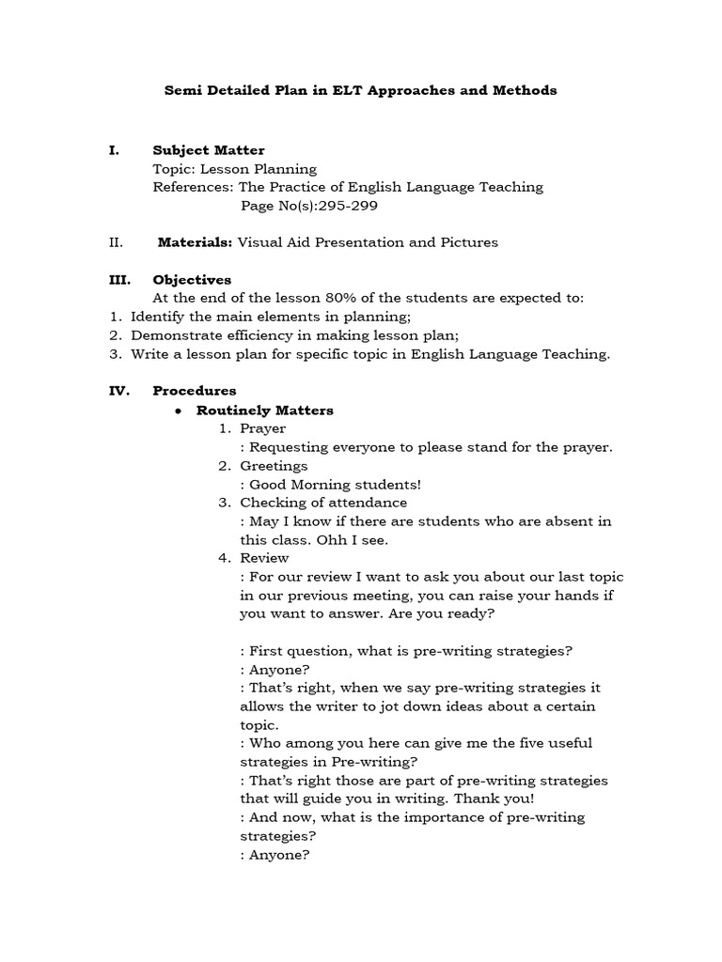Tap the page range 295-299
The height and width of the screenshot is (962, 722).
(x=326, y=206)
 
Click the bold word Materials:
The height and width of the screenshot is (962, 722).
(x=195, y=242)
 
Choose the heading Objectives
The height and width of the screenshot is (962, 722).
(x=192, y=279)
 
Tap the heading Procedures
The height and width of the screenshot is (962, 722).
(x=195, y=390)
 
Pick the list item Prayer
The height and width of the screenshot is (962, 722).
(x=262, y=428)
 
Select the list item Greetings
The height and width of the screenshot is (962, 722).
(x=274, y=465)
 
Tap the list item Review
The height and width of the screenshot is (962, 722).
(x=264, y=557)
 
